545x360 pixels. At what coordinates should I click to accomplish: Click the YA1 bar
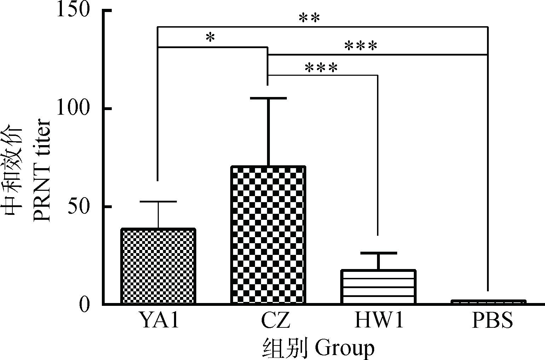(158, 266)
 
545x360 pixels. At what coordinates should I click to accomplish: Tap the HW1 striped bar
(378, 287)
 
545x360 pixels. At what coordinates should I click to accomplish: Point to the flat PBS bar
(488, 302)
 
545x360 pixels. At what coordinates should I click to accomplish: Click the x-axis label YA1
(158, 321)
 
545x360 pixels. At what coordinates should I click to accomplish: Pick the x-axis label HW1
(379, 321)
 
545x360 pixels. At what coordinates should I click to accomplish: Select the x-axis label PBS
(492, 321)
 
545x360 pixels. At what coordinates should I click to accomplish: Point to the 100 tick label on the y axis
(72, 108)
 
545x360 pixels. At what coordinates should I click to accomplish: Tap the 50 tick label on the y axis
(78, 206)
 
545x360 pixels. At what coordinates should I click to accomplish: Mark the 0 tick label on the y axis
(84, 304)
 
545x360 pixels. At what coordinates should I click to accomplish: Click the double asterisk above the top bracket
(309, 18)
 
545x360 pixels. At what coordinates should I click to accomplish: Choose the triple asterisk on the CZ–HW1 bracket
(321, 68)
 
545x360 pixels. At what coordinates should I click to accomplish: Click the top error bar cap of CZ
(268, 98)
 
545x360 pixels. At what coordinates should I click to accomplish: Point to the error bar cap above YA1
(158, 201)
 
